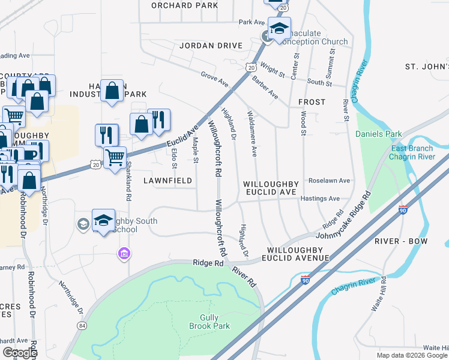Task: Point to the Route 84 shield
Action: (81, 326)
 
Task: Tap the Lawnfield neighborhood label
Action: (167, 181)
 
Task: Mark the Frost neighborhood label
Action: (312, 103)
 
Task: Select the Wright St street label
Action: (273, 71)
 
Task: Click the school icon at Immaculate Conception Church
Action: (279, 29)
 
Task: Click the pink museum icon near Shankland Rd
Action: (124, 254)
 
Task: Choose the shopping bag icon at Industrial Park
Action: (112, 91)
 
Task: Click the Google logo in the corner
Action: (19, 353)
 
